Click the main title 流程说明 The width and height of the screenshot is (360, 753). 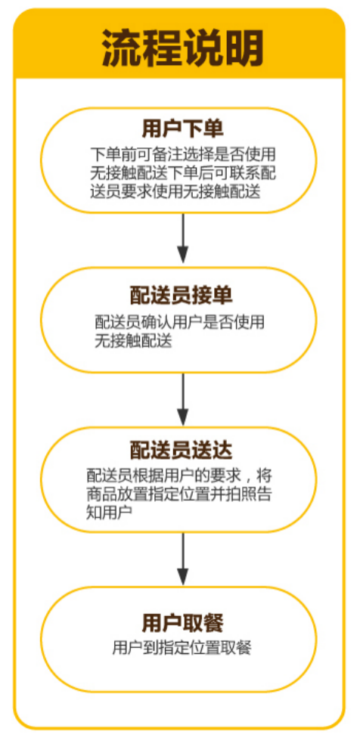point(182,49)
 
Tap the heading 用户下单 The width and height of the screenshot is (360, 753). point(182,130)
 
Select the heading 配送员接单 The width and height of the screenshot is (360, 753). point(182,296)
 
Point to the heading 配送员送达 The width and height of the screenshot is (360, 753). point(182,450)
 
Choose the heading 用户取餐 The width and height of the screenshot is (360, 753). point(182,623)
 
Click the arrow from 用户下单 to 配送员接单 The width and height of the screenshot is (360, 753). point(182,238)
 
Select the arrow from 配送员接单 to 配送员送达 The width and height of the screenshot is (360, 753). point(182,398)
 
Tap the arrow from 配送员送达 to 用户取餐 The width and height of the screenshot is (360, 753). point(182,559)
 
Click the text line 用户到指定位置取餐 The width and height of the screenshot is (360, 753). point(182,648)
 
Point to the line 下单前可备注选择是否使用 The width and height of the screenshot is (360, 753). point(182,155)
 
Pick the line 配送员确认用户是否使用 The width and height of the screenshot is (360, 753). point(180,322)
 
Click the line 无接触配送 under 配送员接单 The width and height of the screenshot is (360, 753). point(133,341)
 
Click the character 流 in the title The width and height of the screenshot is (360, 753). point(121,49)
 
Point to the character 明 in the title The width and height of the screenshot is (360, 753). point(244,49)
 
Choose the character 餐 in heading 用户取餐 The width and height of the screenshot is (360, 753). point(214,623)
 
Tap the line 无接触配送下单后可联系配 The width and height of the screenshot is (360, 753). point(182,173)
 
